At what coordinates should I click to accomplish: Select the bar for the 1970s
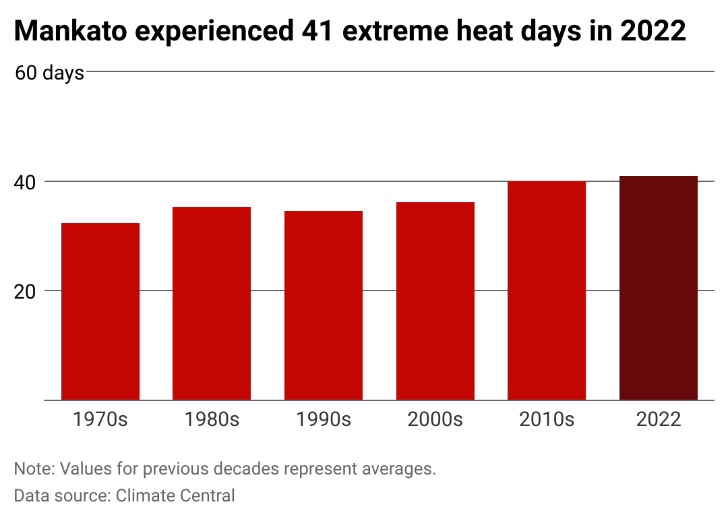[100, 311]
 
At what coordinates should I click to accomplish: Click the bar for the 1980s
[212, 303]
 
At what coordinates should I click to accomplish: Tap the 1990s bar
[324, 305]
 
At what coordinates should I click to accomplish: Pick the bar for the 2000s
[435, 301]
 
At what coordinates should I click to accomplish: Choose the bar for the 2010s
[547, 291]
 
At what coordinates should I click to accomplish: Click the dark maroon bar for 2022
[659, 288]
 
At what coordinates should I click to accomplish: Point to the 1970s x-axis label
[100, 420]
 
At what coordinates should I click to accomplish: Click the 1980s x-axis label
[212, 420]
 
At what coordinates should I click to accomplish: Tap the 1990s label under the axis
[324, 420]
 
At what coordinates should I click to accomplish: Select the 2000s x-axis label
[435, 420]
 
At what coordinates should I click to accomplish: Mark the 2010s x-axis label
[547, 420]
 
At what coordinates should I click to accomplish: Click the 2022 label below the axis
[659, 420]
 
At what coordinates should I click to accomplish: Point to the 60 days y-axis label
[50, 73]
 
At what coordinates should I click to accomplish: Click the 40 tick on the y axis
[25, 183]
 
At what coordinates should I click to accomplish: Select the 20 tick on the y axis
[25, 292]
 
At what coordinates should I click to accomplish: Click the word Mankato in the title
[71, 31]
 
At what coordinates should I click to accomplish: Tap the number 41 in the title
[317, 31]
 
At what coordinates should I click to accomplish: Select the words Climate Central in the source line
[175, 496]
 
